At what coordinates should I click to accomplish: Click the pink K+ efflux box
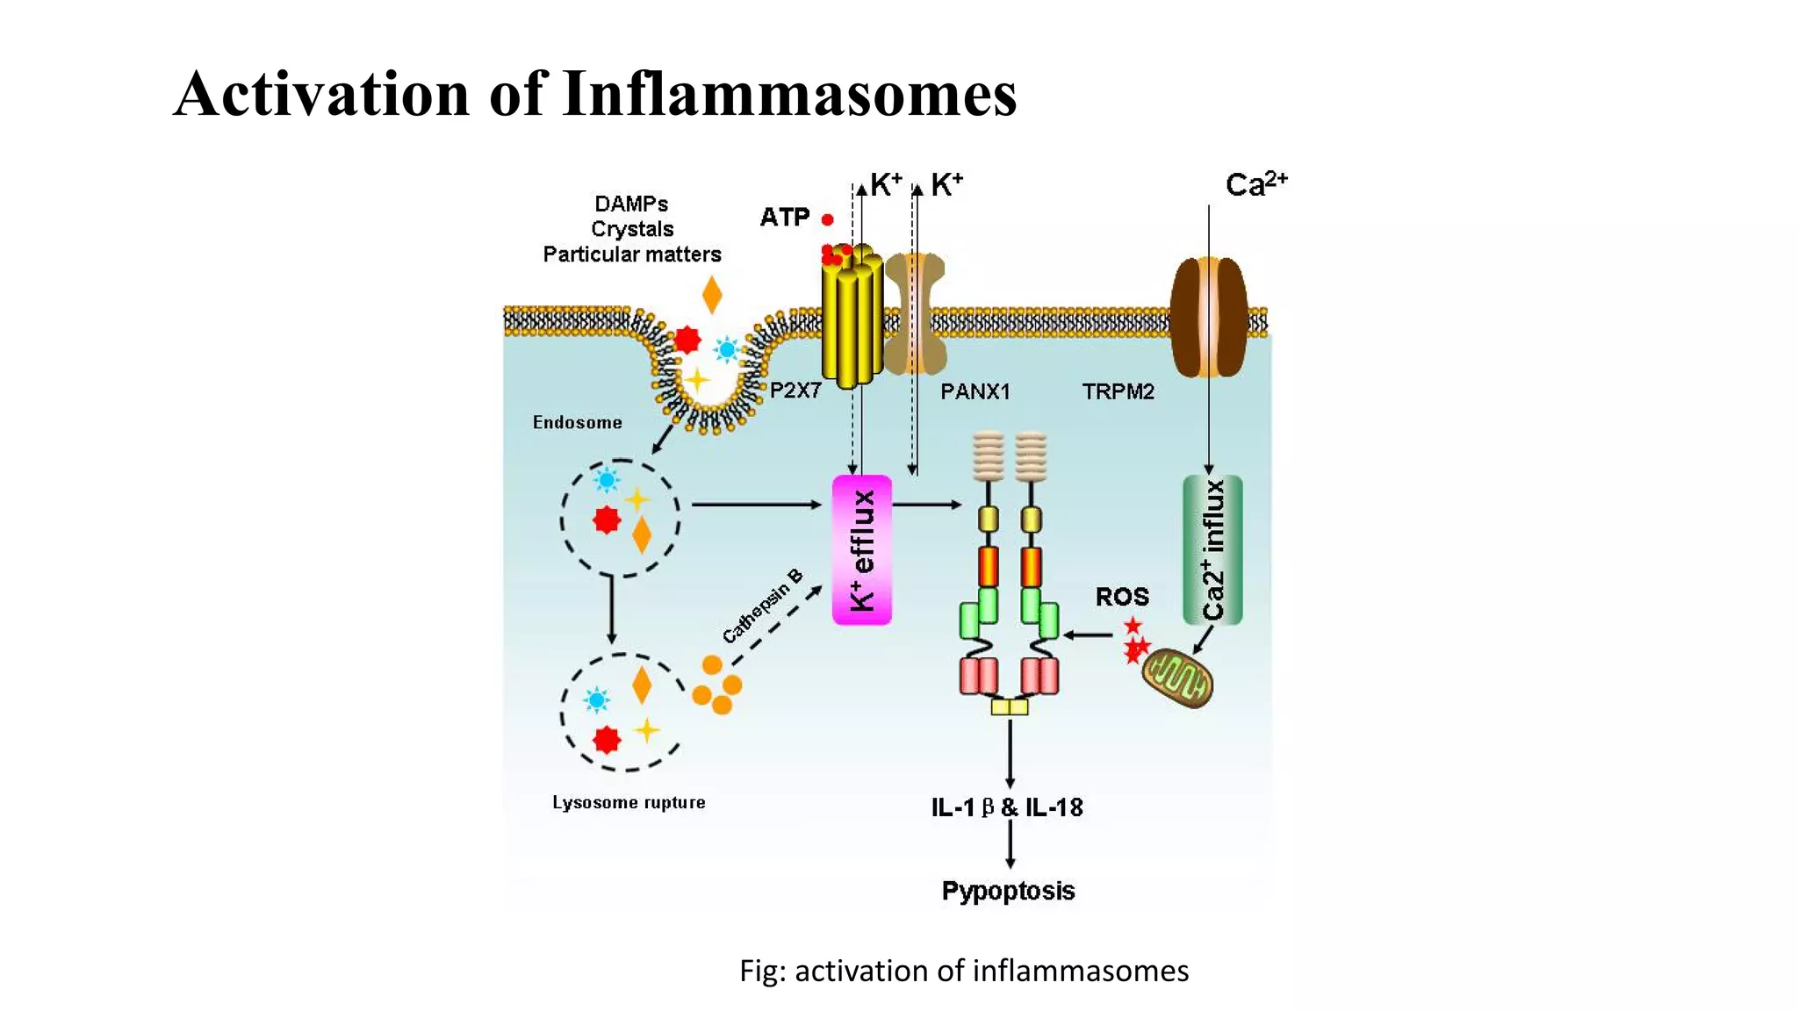pyautogui.click(x=861, y=550)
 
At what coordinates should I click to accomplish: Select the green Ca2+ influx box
pyautogui.click(x=1212, y=550)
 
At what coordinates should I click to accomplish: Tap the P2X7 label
pyautogui.click(x=795, y=391)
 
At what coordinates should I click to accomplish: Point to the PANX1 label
pyautogui.click(x=975, y=391)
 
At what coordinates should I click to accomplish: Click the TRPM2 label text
pyautogui.click(x=1118, y=391)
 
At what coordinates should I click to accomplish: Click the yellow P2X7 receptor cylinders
pyautogui.click(x=851, y=320)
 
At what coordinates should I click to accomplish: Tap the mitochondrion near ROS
pyautogui.click(x=1177, y=678)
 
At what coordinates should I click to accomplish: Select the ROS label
pyautogui.click(x=1121, y=597)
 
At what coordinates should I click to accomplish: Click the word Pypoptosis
pyautogui.click(x=1008, y=891)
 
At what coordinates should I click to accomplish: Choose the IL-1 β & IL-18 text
pyautogui.click(x=1007, y=807)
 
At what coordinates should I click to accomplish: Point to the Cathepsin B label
pyautogui.click(x=762, y=606)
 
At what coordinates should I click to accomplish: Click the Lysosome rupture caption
pyautogui.click(x=629, y=802)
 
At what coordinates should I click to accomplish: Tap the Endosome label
pyautogui.click(x=577, y=422)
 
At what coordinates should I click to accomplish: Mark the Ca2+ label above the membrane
pyautogui.click(x=1255, y=184)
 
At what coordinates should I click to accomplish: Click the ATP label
pyautogui.click(x=784, y=217)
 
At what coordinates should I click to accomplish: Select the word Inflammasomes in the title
pyautogui.click(x=789, y=93)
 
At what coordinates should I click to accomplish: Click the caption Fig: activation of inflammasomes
pyautogui.click(x=963, y=971)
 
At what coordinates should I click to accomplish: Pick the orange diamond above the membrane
pyautogui.click(x=712, y=295)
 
